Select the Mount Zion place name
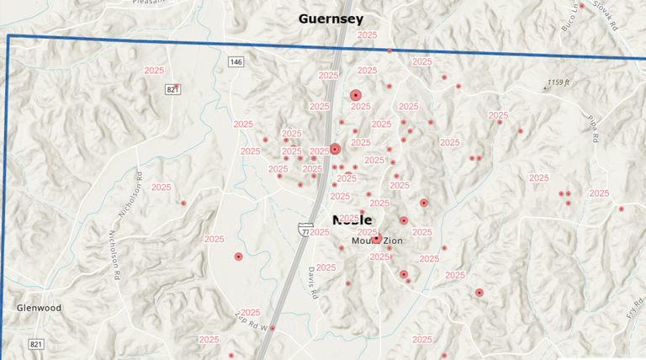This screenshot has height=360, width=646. (x=377, y=241)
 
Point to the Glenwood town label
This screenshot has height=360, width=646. (x=39, y=308)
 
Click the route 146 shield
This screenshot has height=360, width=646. (x=236, y=61)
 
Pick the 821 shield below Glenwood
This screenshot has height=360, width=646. (x=36, y=344)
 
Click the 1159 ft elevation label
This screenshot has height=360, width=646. (x=559, y=82)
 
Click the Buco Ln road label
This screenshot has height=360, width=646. (x=569, y=18)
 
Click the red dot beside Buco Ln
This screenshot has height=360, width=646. (x=581, y=6)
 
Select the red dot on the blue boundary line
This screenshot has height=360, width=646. (x=389, y=51)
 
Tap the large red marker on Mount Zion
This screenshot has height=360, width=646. (x=377, y=239)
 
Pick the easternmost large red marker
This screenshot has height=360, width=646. (x=479, y=293)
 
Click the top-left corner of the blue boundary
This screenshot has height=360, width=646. (x=8, y=36)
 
